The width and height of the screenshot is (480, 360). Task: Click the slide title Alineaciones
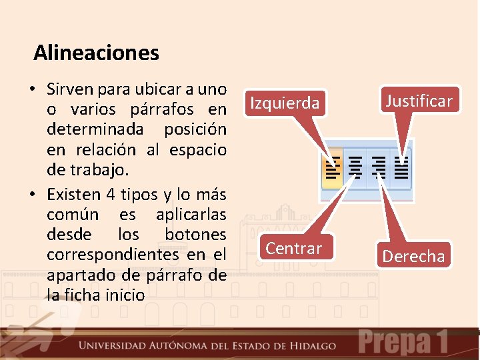tap(96, 52)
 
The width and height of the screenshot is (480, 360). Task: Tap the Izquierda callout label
tap(285, 103)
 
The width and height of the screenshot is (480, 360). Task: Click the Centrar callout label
tap(294, 249)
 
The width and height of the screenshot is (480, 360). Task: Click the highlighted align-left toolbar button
tap(332, 169)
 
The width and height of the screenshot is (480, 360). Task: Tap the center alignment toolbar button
tap(356, 169)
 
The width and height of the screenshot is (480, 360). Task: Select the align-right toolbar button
tap(379, 169)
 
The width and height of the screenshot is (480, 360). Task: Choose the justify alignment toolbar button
tap(401, 169)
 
